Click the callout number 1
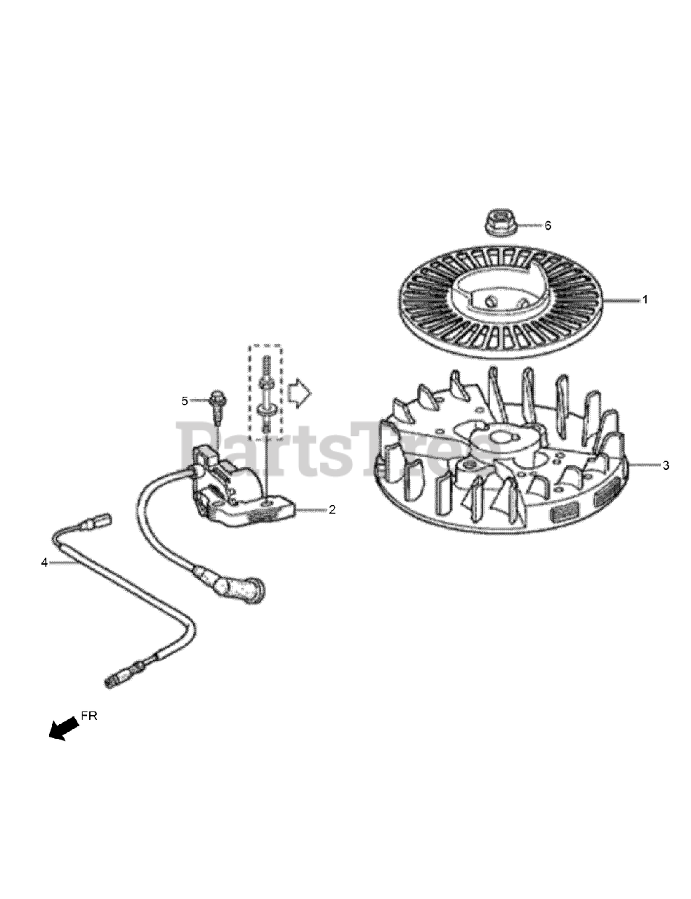[645, 299]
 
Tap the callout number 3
[666, 465]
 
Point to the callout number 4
[44, 563]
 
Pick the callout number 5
[185, 401]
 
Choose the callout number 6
[548, 225]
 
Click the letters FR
[89, 716]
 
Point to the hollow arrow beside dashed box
[301, 393]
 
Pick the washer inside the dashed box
[266, 407]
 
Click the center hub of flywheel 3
[504, 442]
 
